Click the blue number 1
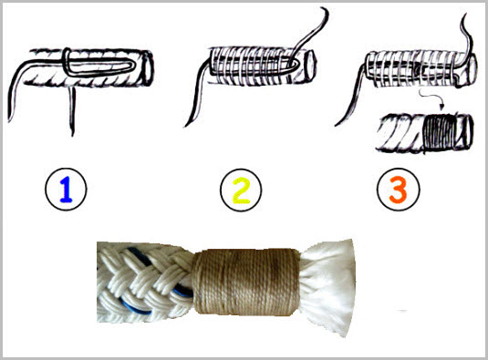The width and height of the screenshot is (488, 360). click(66, 190)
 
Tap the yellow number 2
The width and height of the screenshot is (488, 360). click(241, 190)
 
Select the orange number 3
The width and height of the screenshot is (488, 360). click(398, 190)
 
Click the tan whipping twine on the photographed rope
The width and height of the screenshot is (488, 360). click(246, 282)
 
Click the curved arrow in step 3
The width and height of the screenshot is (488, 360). click(431, 98)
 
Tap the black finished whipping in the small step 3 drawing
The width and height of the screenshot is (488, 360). click(439, 133)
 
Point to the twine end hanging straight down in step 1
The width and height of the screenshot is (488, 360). click(72, 111)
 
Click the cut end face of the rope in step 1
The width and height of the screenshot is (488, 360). click(148, 68)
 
